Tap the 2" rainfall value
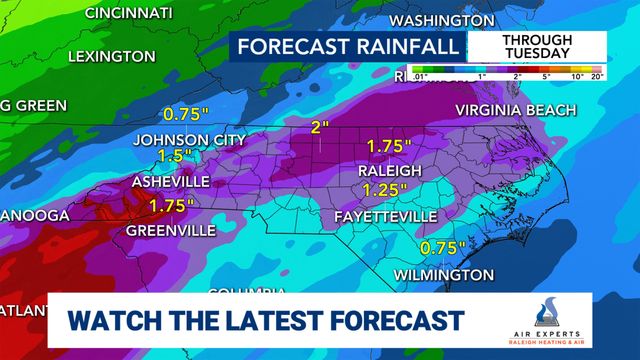click(x=320, y=127)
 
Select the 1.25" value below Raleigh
click(x=386, y=190)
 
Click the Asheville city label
click(x=171, y=182)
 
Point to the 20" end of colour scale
click(x=598, y=77)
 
